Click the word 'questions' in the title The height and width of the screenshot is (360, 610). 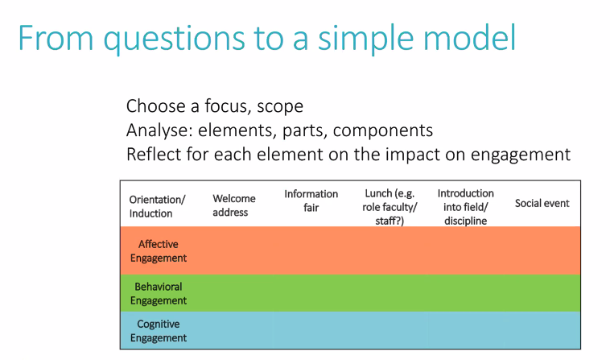coord(175,39)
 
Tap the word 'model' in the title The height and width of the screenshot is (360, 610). coord(469,37)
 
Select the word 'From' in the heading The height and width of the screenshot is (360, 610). coord(56,37)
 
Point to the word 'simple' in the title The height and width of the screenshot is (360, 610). coord(365,39)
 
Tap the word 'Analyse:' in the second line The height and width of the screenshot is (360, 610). coord(159,130)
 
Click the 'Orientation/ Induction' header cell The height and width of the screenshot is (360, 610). coord(157,206)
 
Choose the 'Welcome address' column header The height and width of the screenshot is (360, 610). coord(234,205)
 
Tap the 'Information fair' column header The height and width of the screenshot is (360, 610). coord(311,201)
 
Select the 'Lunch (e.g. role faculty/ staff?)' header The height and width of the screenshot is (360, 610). coord(389,207)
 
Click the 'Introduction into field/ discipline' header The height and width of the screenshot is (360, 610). coord(465,207)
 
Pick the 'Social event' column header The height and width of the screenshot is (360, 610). coord(542,203)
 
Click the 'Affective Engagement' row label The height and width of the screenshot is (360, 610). coord(159,251)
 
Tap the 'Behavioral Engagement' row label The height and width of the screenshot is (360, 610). coord(159,293)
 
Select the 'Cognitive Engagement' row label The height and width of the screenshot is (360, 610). coord(159,331)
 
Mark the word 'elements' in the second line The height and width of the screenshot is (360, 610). coord(237,130)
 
